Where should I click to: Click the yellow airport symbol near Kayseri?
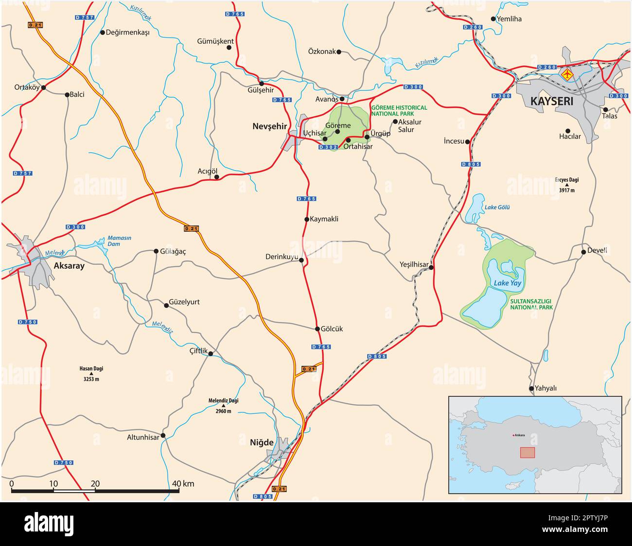click(x=567, y=75)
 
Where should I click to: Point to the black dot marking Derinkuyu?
click(x=301, y=260)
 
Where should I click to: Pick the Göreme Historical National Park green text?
click(x=399, y=111)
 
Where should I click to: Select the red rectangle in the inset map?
click(x=527, y=452)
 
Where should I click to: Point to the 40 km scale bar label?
click(x=183, y=483)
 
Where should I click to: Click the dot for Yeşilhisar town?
click(x=431, y=267)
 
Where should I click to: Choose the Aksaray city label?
click(x=69, y=266)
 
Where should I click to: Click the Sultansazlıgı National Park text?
click(x=531, y=304)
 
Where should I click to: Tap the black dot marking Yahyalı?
click(x=531, y=389)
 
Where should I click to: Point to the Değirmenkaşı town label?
click(x=127, y=33)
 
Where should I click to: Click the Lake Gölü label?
click(x=497, y=207)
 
